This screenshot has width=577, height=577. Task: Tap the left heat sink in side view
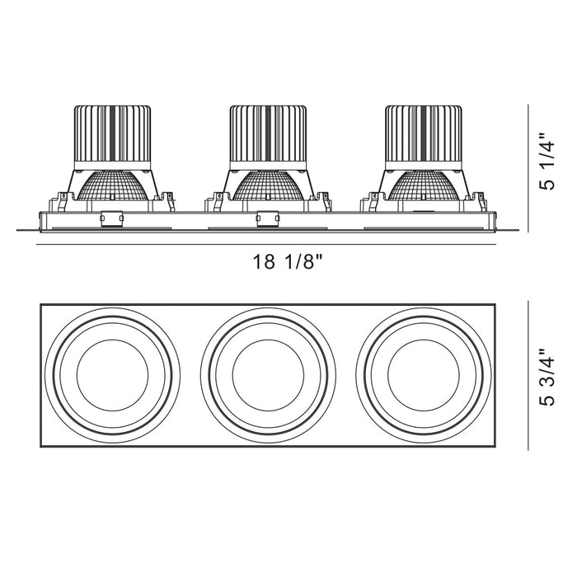pos(112,137)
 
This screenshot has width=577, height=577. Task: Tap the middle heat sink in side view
pos(268,137)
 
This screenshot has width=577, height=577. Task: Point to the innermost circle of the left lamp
pos(112,376)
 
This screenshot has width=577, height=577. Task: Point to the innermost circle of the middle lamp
pos(268,376)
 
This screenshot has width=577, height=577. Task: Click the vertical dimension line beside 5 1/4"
pos(528,165)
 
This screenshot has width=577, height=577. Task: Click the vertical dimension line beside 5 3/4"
pos(528,376)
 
